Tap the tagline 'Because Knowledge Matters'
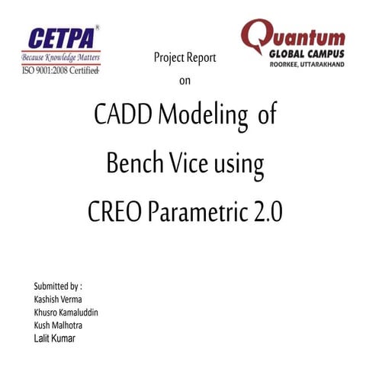(x=61, y=57)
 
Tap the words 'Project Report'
(x=185, y=57)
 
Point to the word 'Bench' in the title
(x=133, y=163)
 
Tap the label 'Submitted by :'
(x=53, y=287)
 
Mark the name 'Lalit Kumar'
(x=49, y=338)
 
